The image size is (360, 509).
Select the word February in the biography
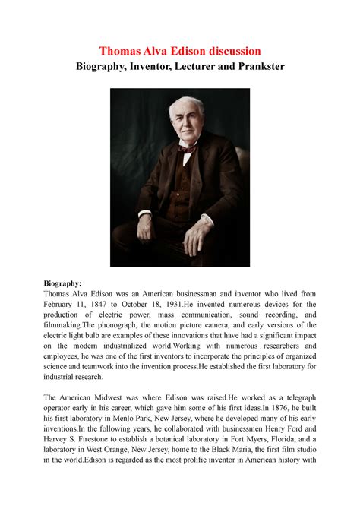[66, 306]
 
